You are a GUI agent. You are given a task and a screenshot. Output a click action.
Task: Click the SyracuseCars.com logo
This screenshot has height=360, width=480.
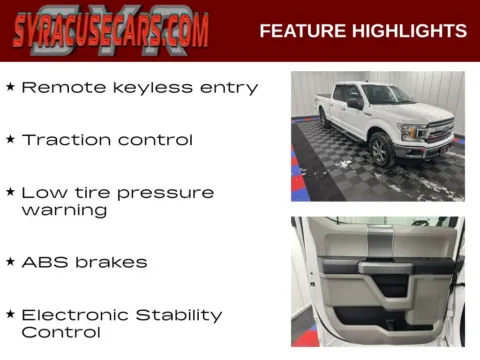[x=111, y=30]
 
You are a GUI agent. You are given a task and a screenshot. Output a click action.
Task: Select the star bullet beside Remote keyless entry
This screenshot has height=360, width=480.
[x=10, y=87]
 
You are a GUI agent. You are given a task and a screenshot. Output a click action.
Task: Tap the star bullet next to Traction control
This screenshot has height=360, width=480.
[x=10, y=139]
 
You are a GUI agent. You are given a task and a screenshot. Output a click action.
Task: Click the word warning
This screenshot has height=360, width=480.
[x=63, y=211]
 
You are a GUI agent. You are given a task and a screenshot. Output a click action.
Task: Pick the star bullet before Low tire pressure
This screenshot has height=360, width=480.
[x=10, y=191]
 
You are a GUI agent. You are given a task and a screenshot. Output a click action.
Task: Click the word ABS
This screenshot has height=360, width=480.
[x=43, y=262]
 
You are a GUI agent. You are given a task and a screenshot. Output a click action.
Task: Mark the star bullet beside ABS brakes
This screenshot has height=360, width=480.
[x=10, y=262]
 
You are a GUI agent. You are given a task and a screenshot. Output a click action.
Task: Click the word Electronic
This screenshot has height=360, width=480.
[x=78, y=314]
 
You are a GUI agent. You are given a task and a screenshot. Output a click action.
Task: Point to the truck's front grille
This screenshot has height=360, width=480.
[x=438, y=131]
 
